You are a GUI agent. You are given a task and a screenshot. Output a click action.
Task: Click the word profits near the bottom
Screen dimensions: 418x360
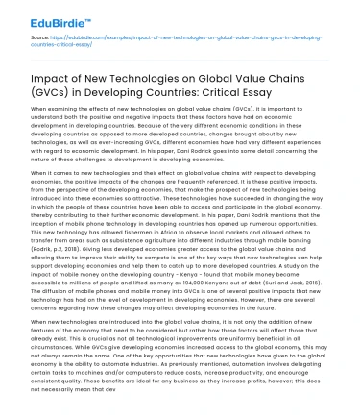click(x=251, y=403)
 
